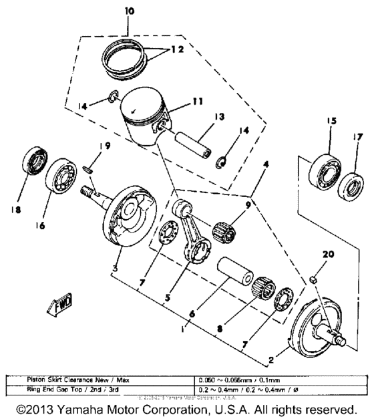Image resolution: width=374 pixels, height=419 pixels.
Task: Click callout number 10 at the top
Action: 129,11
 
